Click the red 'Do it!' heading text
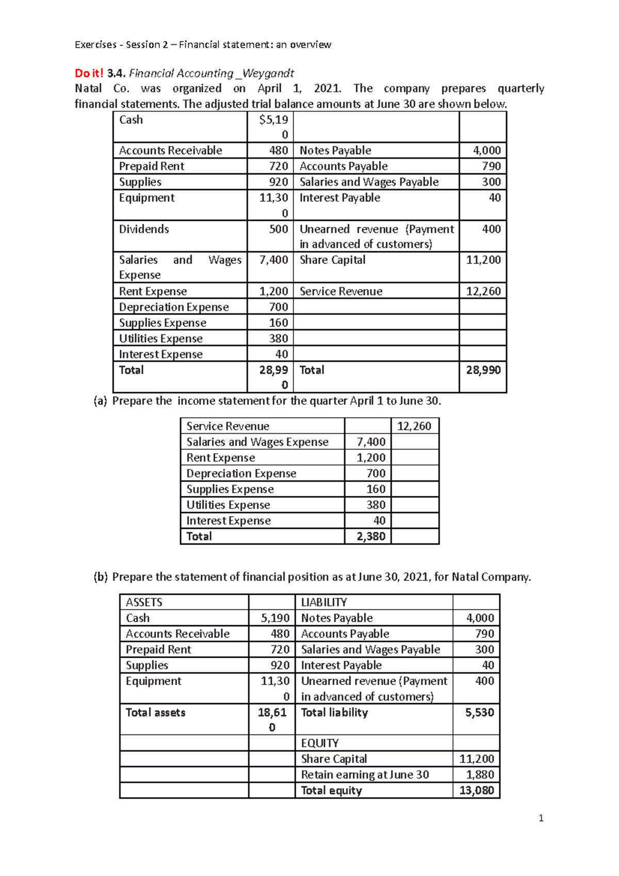click(x=89, y=73)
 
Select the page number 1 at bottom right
click(x=541, y=818)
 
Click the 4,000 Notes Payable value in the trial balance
click(x=486, y=151)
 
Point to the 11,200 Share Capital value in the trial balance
click(x=483, y=260)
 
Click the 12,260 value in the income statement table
click(x=414, y=426)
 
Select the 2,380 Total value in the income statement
click(x=371, y=537)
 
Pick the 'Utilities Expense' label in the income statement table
click(x=228, y=505)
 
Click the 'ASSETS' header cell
click(x=144, y=603)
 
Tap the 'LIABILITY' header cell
click(x=324, y=603)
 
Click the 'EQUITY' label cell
click(x=320, y=743)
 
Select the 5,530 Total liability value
click(x=479, y=712)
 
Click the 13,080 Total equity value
click(x=476, y=790)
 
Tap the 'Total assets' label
click(x=155, y=712)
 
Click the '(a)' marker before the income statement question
click(x=100, y=401)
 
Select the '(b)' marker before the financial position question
click(x=101, y=577)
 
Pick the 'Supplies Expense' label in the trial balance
click(x=162, y=323)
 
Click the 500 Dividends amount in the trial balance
click(x=278, y=229)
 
